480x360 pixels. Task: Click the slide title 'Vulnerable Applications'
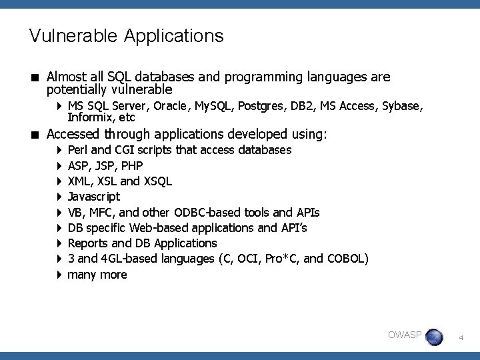tap(126, 36)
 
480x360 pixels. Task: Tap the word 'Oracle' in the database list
tap(172, 107)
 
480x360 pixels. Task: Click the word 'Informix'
tap(89, 118)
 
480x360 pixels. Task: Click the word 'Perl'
tap(80, 150)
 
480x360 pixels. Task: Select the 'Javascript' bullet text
tap(94, 197)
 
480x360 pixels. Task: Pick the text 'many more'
tap(97, 274)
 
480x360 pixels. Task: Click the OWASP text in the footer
tap(405, 335)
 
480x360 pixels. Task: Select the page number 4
tap(461, 338)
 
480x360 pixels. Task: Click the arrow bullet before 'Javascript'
tap(59, 197)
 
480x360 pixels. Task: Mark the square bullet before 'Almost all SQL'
tap(33, 78)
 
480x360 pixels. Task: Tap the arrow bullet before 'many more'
tap(59, 274)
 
